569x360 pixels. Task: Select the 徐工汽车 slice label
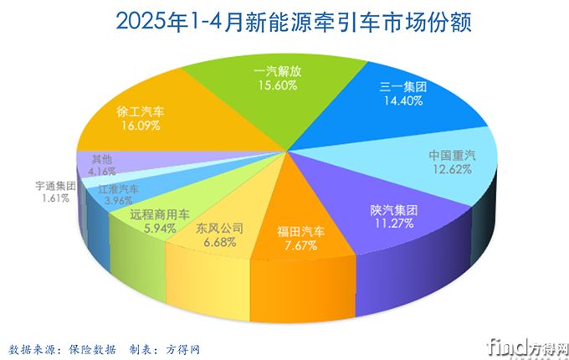[x=141, y=111]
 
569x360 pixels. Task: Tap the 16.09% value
[x=141, y=125]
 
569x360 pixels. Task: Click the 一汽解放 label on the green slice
[x=276, y=72]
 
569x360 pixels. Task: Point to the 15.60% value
[x=276, y=86]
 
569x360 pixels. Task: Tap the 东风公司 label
[x=220, y=228]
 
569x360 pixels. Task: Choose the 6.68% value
[x=220, y=242]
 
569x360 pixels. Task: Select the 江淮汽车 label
[x=118, y=190]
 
